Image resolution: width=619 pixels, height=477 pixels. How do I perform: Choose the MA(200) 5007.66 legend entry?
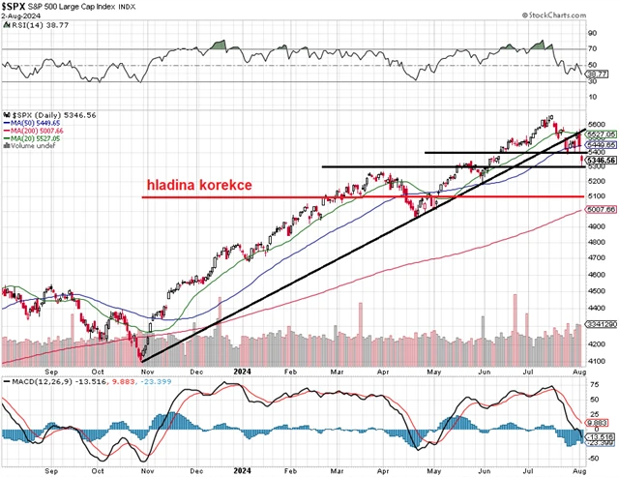point(41,132)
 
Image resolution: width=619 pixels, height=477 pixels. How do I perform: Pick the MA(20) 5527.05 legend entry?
point(39,139)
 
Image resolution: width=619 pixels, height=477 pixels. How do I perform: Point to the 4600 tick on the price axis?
point(597,276)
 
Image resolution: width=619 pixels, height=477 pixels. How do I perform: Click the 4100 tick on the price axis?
point(597,360)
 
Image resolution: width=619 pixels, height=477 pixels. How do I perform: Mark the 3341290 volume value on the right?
point(601,326)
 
